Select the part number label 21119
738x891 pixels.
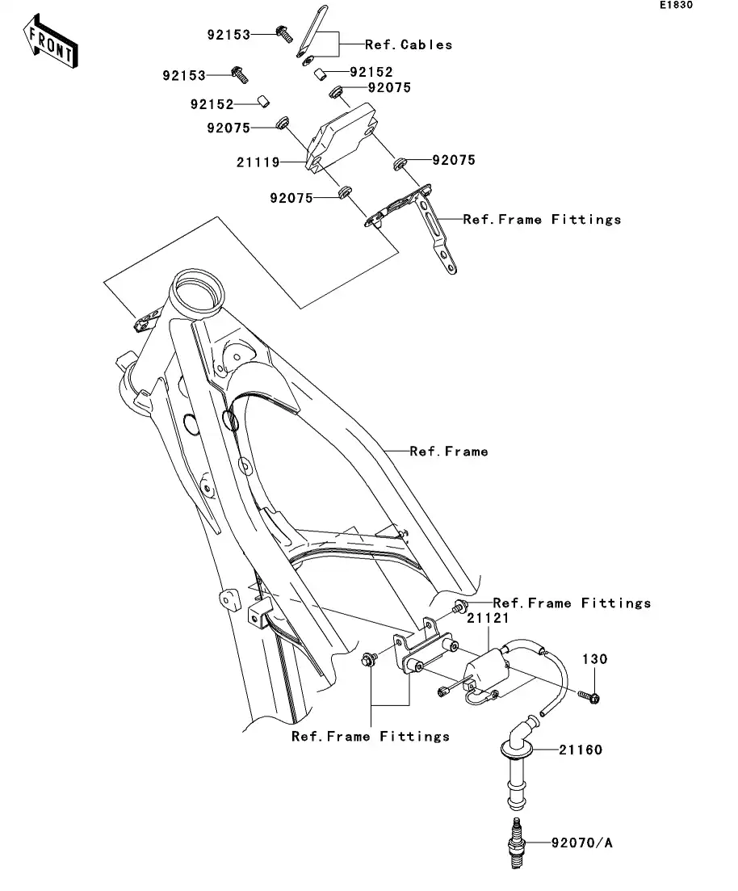click(x=258, y=162)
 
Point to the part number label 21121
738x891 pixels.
click(x=488, y=618)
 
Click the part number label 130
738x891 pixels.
click(x=595, y=659)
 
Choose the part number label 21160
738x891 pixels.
click(x=580, y=750)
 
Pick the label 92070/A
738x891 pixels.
click(x=582, y=843)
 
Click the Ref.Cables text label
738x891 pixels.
click(x=409, y=45)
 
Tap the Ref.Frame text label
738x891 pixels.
click(x=448, y=452)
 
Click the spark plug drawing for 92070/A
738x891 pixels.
click(x=514, y=843)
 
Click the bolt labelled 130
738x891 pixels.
click(x=589, y=695)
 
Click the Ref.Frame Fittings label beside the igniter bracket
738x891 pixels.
click(x=542, y=220)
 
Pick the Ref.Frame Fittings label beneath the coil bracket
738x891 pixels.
click(x=371, y=737)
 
